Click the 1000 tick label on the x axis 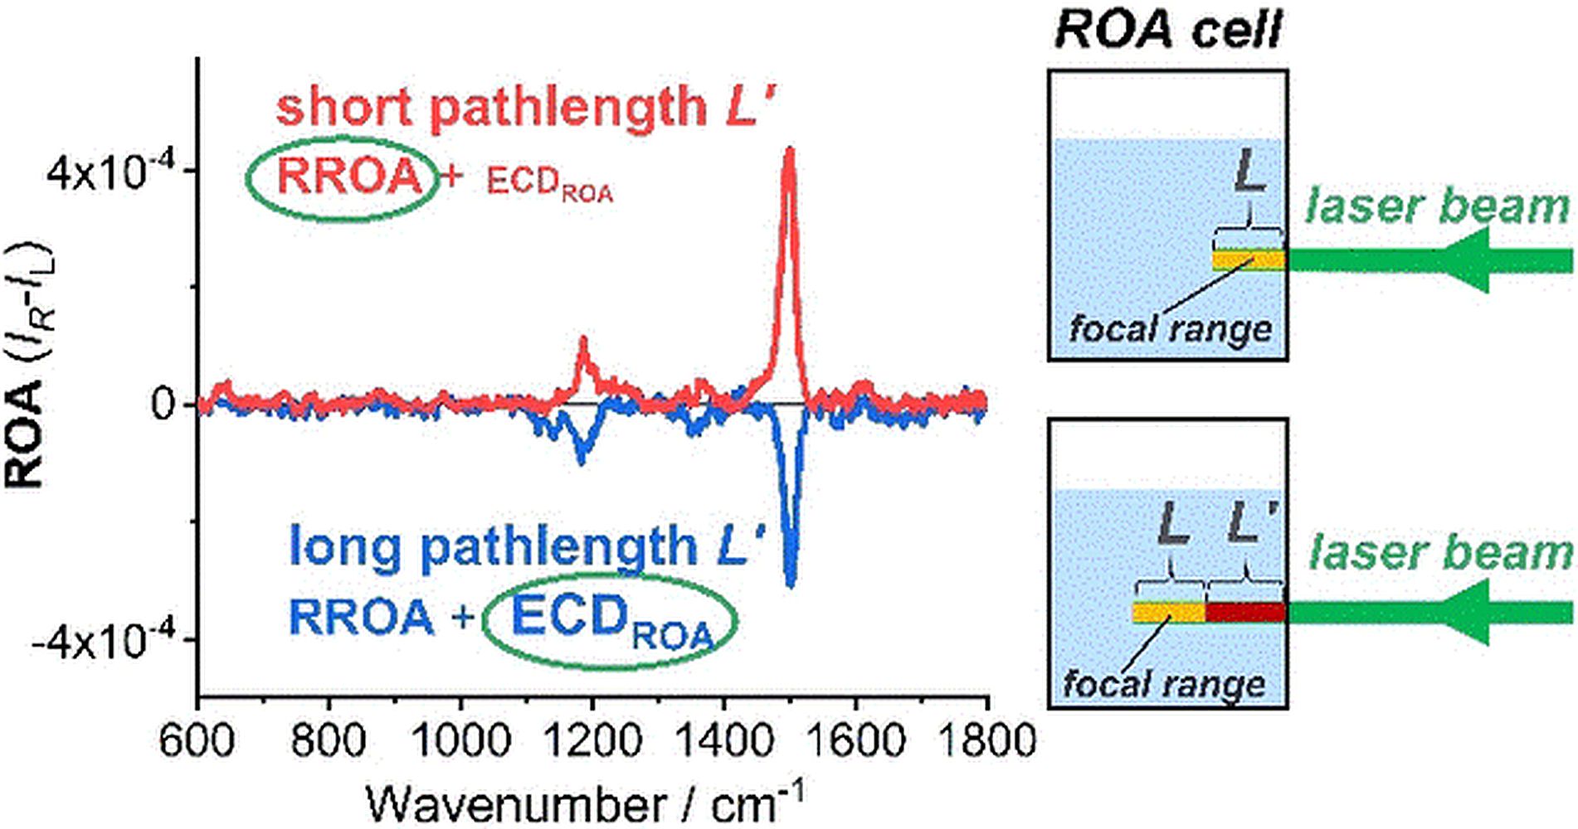coord(460,740)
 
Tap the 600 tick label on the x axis coord(197,740)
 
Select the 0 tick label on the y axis coord(163,405)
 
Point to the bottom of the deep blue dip coord(790,585)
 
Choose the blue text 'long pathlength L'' coord(526,547)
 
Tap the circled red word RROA coord(349,177)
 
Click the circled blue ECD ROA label coord(611,620)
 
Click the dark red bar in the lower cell coord(1245,613)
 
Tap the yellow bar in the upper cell coord(1249,260)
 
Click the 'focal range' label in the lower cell coord(1164,685)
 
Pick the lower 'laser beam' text coord(1440,553)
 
